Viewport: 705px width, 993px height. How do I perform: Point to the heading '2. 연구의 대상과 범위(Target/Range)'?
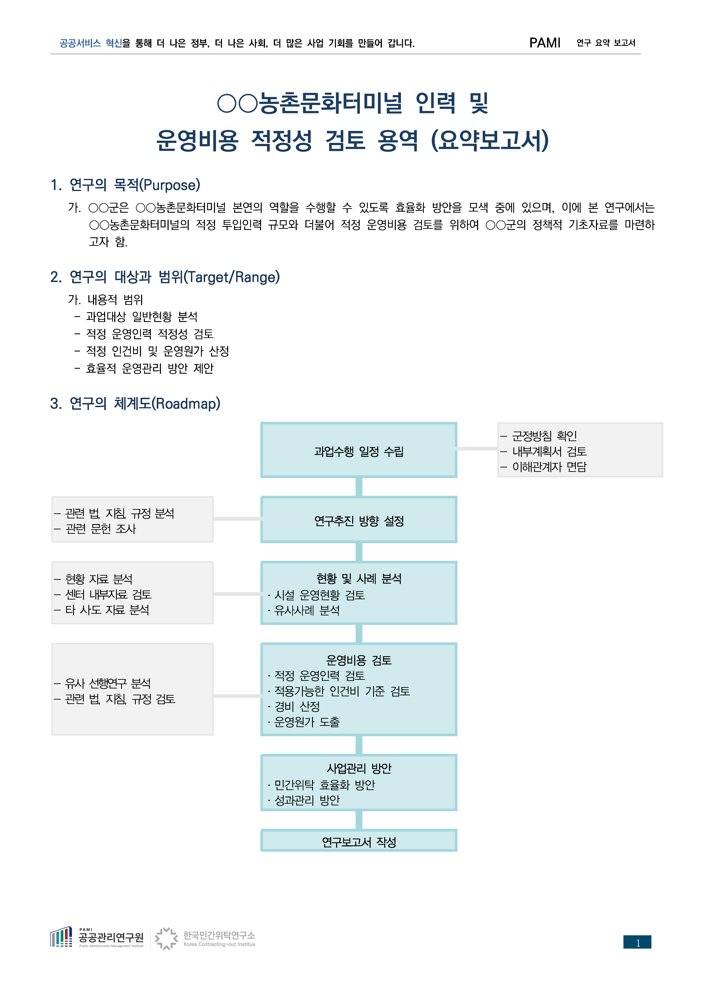click(165, 277)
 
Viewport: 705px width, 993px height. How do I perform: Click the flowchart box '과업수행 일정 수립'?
click(359, 451)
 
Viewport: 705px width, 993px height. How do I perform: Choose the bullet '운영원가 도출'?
click(306, 722)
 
